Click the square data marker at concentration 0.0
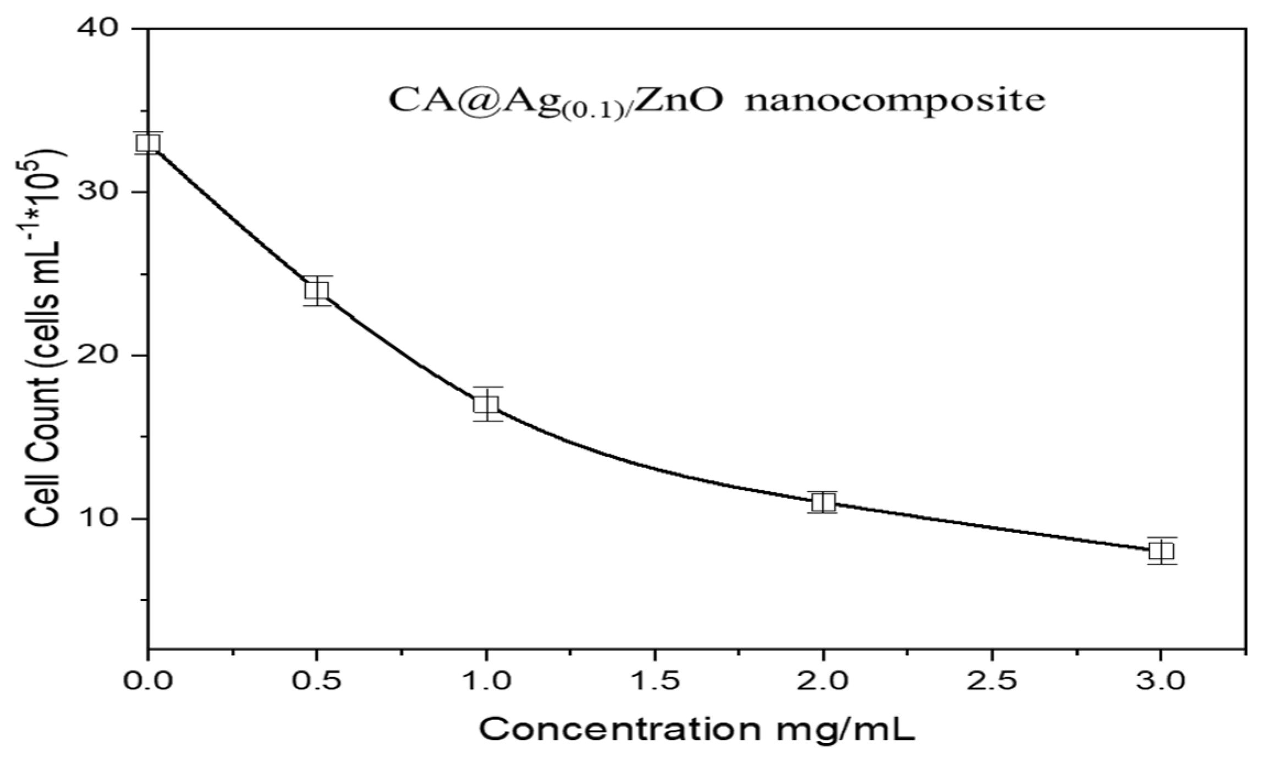(x=148, y=143)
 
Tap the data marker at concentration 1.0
(x=486, y=404)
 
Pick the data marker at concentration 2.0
(x=823, y=502)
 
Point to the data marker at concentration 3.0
(x=1161, y=551)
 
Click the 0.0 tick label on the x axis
(x=148, y=683)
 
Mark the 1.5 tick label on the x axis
(x=654, y=683)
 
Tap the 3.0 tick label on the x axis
(x=1161, y=683)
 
